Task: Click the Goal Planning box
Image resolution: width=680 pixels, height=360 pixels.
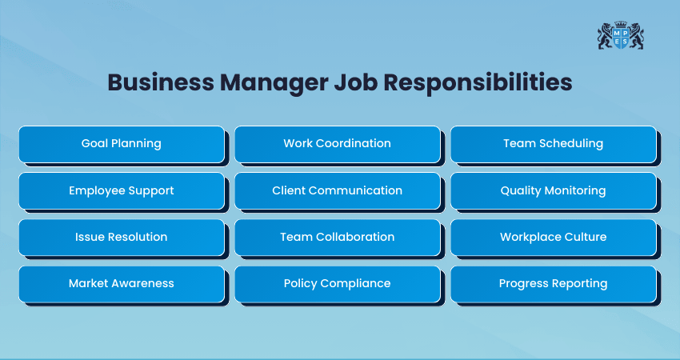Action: click(x=122, y=145)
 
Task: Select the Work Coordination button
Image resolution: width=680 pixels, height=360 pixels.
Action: click(x=338, y=145)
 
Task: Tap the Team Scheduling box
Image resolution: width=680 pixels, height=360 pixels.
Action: click(x=554, y=145)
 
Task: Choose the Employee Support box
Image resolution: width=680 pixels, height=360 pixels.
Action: click(x=122, y=191)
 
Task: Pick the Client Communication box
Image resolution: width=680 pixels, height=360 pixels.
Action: click(x=338, y=191)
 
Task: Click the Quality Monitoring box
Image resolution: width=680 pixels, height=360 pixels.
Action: click(x=554, y=191)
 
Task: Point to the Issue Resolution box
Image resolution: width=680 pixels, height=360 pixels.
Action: click(x=122, y=238)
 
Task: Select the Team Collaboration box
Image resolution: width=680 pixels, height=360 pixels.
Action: click(x=338, y=238)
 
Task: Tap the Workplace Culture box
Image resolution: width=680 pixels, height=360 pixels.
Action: click(x=554, y=238)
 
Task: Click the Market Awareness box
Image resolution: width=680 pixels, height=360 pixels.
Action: click(x=122, y=284)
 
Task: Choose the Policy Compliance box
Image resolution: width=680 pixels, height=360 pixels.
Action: click(x=338, y=284)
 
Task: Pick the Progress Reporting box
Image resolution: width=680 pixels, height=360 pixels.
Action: click(x=554, y=284)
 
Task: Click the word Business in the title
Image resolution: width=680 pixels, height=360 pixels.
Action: click(x=161, y=82)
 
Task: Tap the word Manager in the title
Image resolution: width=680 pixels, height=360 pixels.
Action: click(x=274, y=83)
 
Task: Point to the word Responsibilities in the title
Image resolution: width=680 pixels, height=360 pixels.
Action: click(x=478, y=83)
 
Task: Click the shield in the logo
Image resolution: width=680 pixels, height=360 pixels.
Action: click(x=621, y=38)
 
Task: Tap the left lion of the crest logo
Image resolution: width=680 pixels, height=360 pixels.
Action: click(x=606, y=36)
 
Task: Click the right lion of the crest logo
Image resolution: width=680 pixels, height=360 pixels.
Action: click(x=636, y=36)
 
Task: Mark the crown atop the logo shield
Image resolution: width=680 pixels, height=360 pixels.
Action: click(x=621, y=23)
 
